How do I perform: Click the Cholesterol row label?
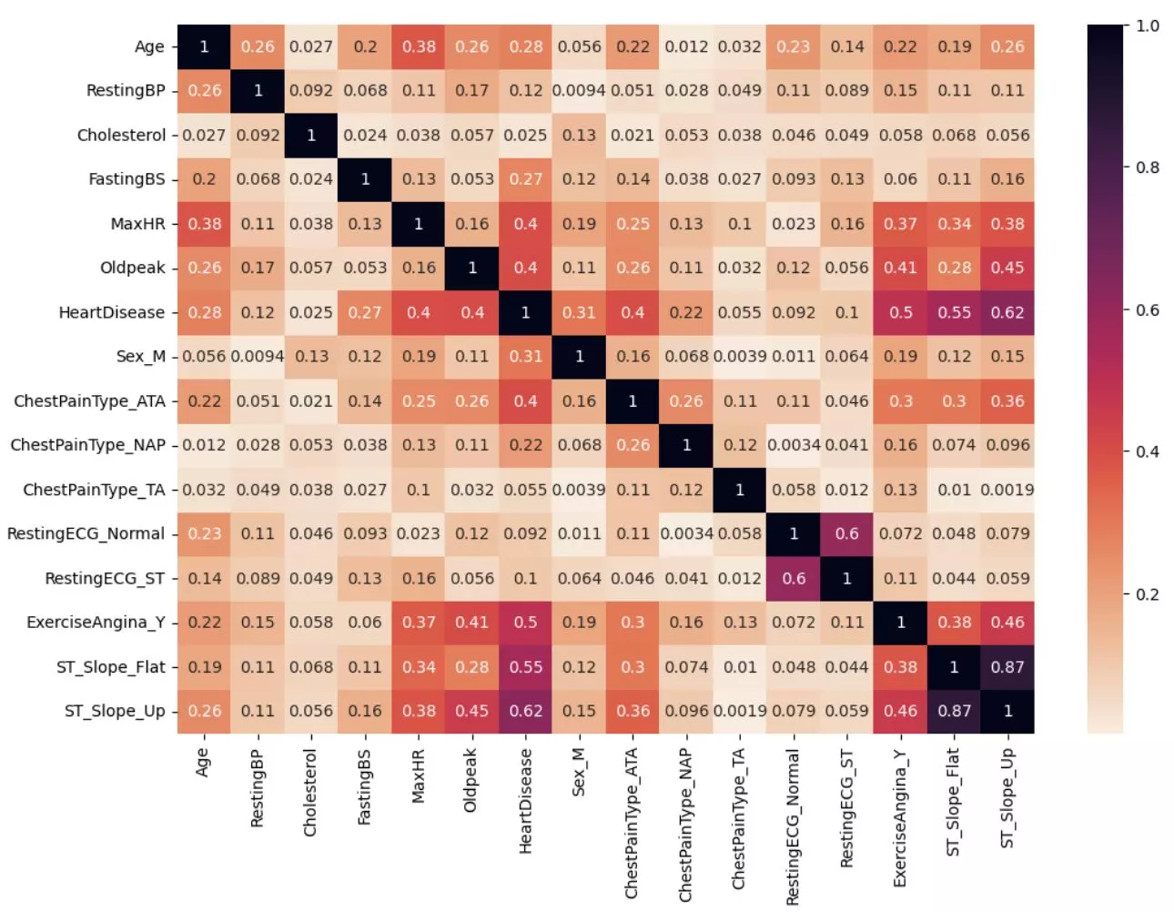point(121,135)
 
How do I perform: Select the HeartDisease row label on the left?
point(112,312)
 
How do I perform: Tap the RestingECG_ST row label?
point(105,578)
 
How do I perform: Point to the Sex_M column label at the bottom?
point(579,773)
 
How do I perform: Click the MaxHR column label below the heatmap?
point(418,776)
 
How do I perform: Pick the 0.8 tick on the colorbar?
point(1147,167)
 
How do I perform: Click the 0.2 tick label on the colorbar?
point(1147,594)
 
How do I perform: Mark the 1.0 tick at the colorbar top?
point(1147,25)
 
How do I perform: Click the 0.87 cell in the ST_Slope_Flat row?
point(1007,667)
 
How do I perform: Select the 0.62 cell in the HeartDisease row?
point(1007,312)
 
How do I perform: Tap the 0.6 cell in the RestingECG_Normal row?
point(846,534)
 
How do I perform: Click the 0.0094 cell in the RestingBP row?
point(579,91)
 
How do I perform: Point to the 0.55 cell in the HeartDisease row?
point(954,312)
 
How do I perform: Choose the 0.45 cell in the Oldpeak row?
point(1007,268)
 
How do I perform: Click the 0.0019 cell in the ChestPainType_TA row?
point(1007,490)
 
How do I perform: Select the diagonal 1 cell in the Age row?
point(204,46)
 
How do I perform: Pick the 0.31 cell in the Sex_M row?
point(525,357)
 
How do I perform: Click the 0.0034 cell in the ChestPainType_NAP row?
point(794,445)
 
